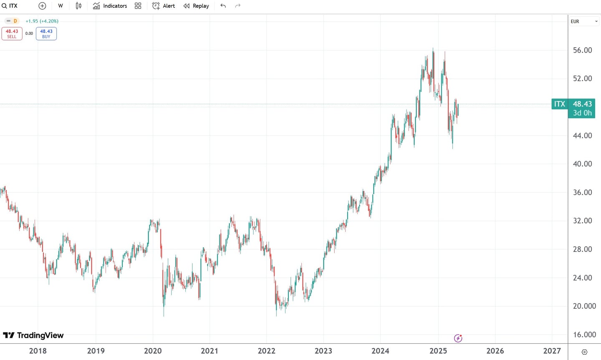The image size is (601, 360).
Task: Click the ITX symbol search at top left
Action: [10, 6]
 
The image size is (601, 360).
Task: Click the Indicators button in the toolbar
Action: [110, 6]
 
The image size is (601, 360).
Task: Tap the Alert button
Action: [164, 6]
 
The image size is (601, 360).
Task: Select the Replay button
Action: [196, 6]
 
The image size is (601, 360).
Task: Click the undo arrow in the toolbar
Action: [223, 6]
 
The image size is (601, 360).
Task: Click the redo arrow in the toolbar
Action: [238, 6]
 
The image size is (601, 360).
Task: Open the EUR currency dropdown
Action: [584, 21]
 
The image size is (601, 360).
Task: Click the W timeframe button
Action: [61, 6]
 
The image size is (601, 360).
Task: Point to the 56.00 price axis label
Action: [582, 50]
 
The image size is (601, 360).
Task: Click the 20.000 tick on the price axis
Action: [584, 306]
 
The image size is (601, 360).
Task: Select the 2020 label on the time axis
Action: [153, 351]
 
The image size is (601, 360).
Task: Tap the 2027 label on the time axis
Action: [552, 351]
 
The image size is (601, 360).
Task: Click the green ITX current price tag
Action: [559, 104]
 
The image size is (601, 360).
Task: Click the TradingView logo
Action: [33, 335]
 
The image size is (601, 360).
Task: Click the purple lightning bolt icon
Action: [458, 338]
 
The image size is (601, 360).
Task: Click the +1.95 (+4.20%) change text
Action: [42, 21]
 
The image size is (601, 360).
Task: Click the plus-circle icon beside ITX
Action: [42, 6]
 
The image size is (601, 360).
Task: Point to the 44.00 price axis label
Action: [582, 135]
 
